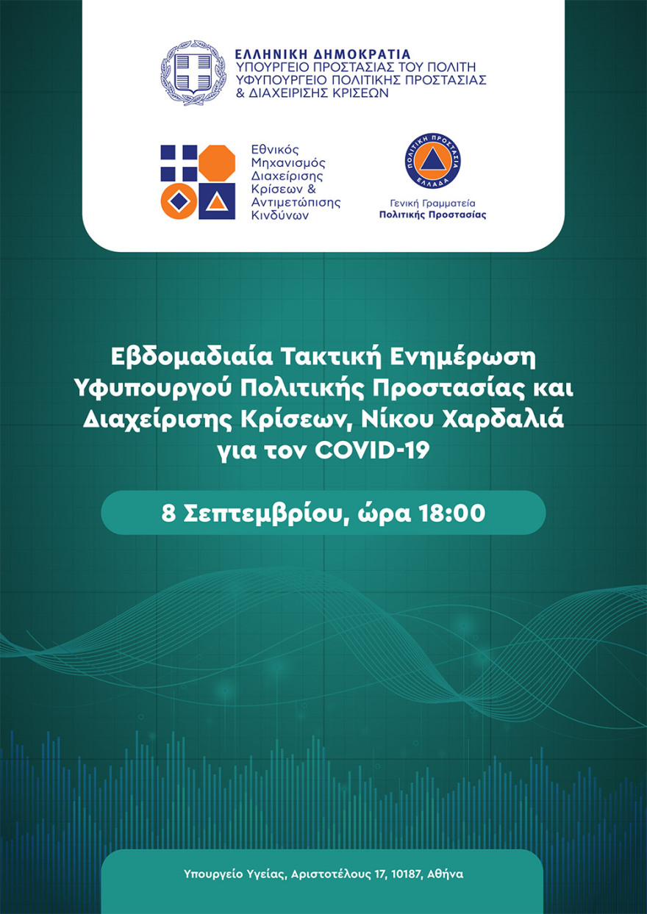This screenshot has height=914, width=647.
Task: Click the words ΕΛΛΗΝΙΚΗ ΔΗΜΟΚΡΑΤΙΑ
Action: pos(322,54)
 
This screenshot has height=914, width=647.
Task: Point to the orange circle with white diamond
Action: pos(179,200)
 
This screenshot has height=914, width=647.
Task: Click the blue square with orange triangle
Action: pos(217,200)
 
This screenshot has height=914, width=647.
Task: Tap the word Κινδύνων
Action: pos(279,216)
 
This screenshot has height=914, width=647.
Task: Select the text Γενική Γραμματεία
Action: pos(432,203)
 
